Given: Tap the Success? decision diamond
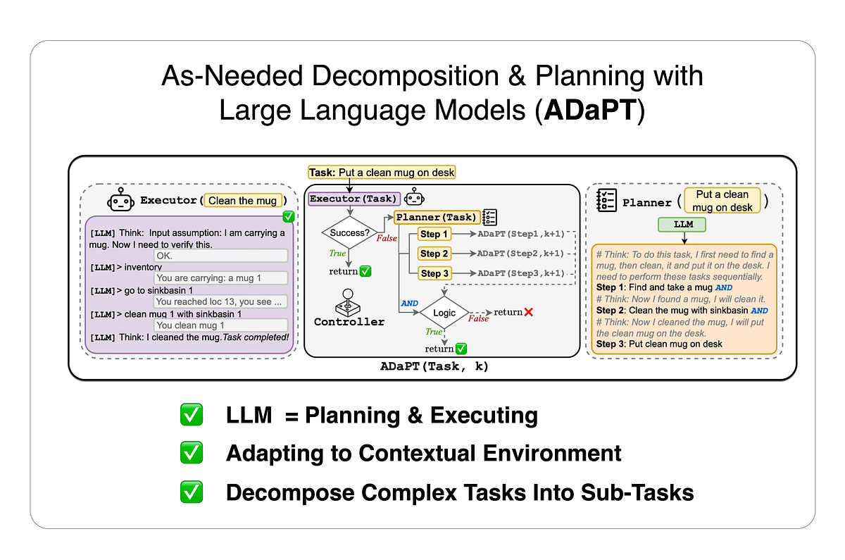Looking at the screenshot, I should [x=349, y=232].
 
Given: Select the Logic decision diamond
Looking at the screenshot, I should [x=444, y=313].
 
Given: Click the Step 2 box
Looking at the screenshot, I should [x=434, y=254].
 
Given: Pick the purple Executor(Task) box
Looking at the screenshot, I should [x=354, y=199].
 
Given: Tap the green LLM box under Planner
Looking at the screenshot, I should [x=682, y=225].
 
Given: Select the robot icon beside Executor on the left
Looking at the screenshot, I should [x=120, y=201].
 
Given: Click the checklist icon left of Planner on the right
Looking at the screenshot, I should [x=606, y=201].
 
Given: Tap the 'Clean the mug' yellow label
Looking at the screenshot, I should [x=243, y=201].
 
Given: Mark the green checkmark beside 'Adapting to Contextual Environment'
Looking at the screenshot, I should [x=192, y=453].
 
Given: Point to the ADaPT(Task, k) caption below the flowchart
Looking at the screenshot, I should [x=434, y=367].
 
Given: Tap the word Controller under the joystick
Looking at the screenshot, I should [x=349, y=322].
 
